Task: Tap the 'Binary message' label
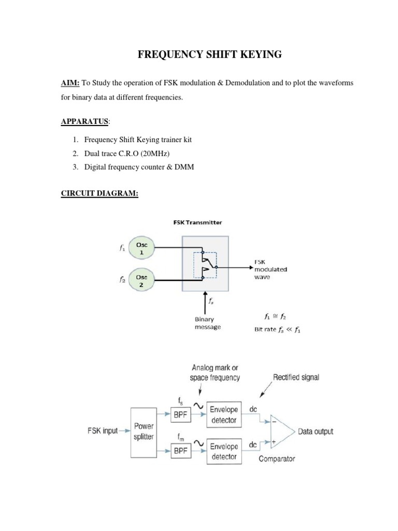click(208, 323)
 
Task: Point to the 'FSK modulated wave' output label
click(270, 269)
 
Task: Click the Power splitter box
click(144, 431)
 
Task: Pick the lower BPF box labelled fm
click(181, 451)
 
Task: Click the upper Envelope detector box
click(224, 414)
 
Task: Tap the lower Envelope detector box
click(224, 451)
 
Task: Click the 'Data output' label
click(315, 431)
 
